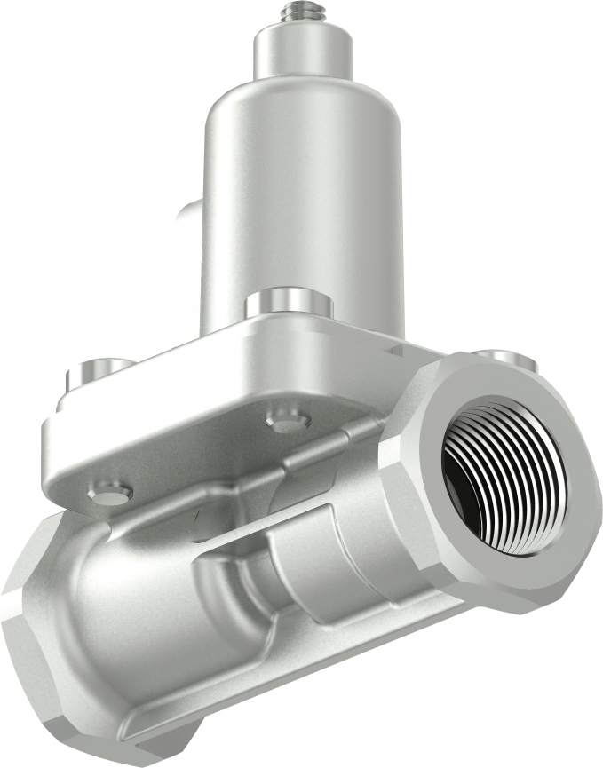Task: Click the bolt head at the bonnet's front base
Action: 289,303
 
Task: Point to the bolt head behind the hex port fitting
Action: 503,358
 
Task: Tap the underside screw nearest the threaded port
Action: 287,423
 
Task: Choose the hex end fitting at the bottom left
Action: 36,657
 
